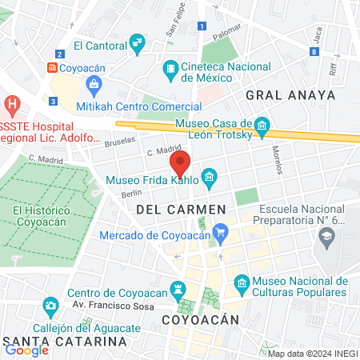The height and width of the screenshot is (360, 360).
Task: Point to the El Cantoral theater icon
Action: pyautogui.click(x=138, y=41)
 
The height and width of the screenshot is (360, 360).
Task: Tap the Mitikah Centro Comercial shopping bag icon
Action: pyautogui.click(x=95, y=84)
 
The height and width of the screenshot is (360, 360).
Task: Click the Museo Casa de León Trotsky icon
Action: pyautogui.click(x=262, y=126)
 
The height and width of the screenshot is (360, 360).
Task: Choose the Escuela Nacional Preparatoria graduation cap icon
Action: pyautogui.click(x=326, y=237)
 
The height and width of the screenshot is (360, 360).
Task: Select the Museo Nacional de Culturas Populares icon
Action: pyautogui.click(x=241, y=282)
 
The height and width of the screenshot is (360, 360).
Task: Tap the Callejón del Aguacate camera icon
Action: pyautogui.click(x=50, y=306)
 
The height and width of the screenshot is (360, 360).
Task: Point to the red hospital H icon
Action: pyautogui.click(x=12, y=103)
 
